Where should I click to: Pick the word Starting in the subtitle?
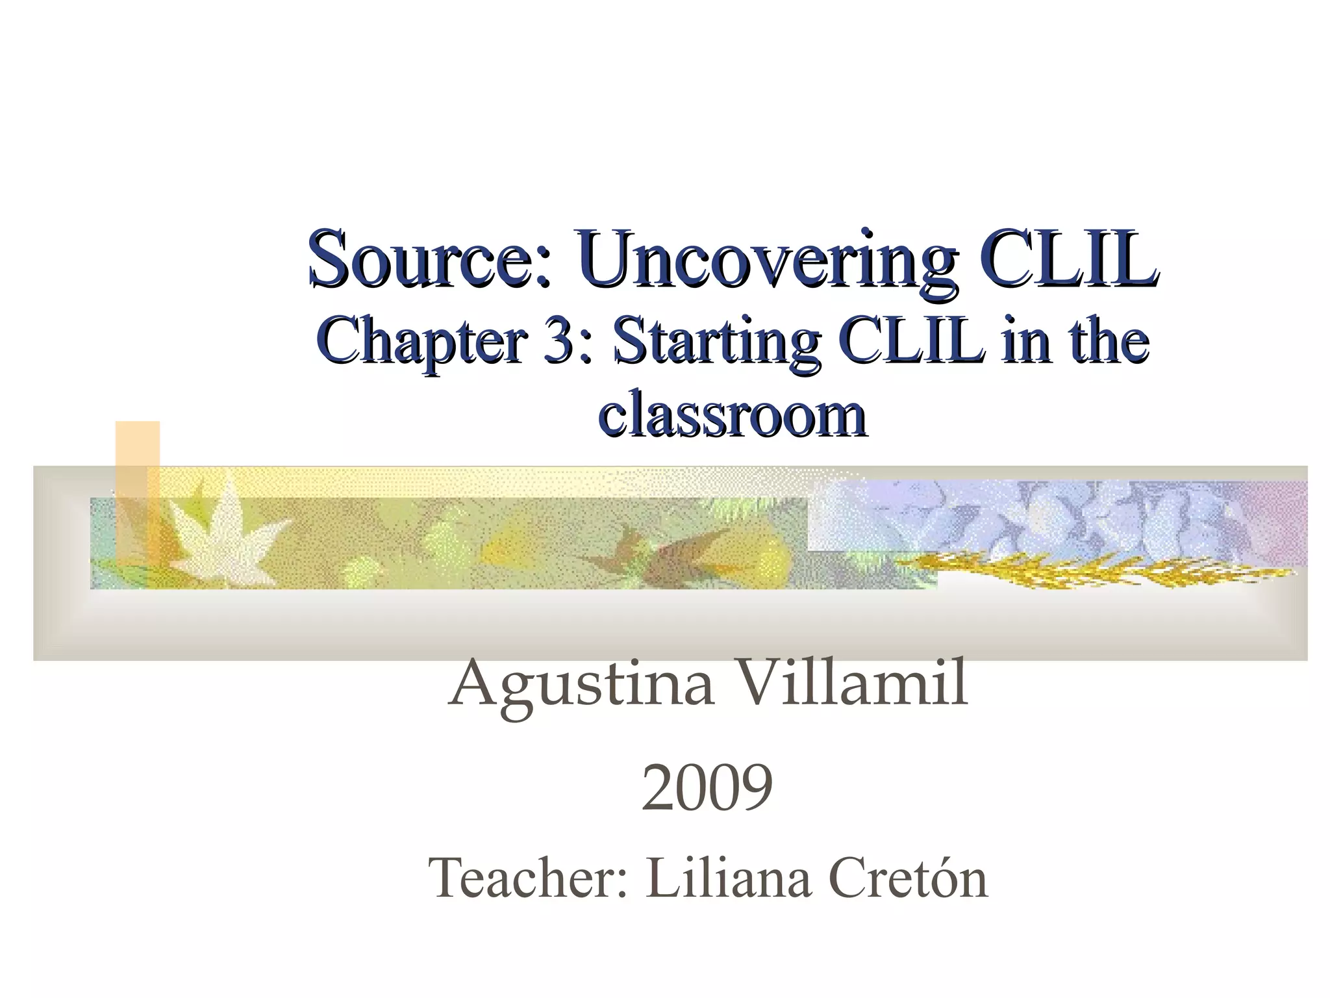coord(714,342)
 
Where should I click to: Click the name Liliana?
coord(728,878)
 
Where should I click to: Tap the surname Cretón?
coord(909,878)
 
